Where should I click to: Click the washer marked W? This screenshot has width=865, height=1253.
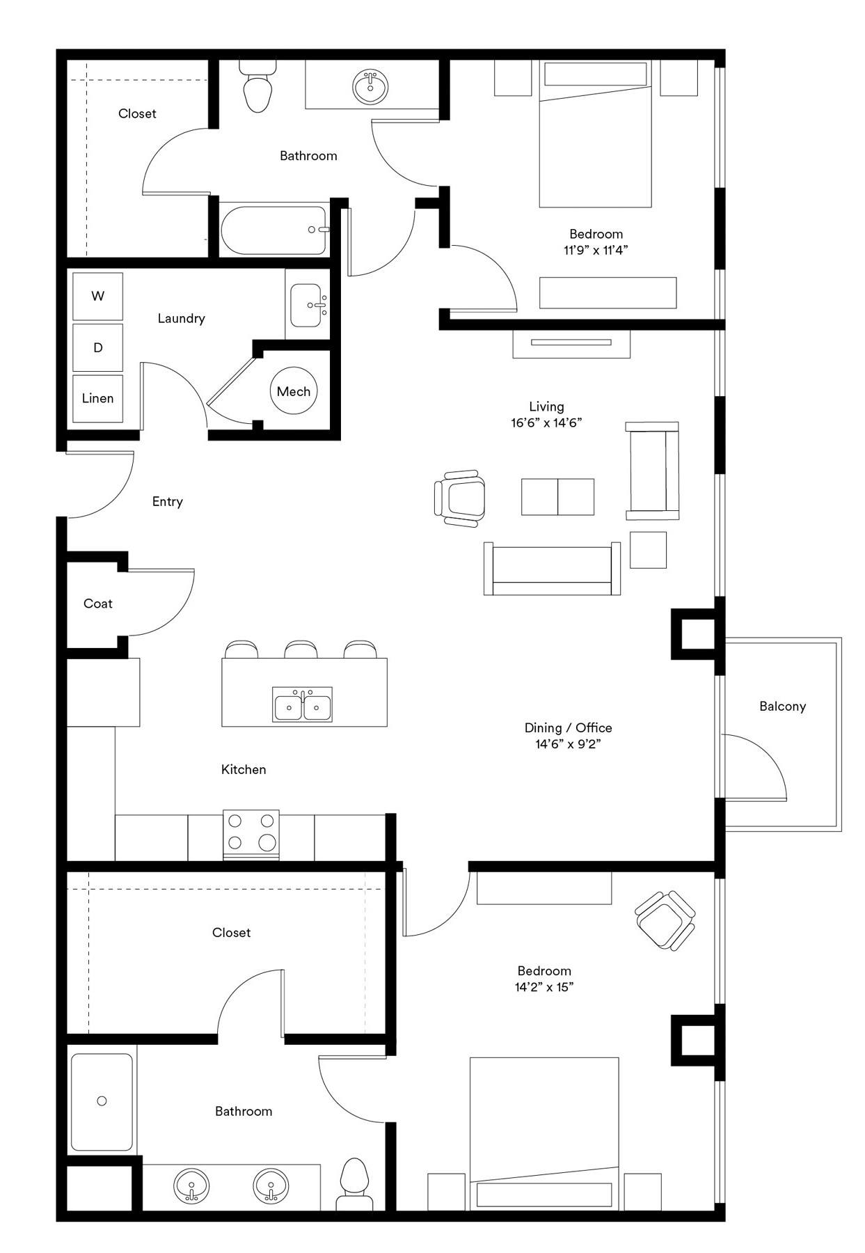(x=98, y=296)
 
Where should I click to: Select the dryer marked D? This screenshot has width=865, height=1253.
(x=98, y=347)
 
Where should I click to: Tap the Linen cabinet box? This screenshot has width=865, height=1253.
(x=98, y=398)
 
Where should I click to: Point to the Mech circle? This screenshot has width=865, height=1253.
(x=294, y=391)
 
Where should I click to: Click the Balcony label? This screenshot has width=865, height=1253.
(x=782, y=706)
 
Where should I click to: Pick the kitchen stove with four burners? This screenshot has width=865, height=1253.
(x=251, y=835)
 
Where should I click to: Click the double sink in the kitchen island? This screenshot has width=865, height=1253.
(x=302, y=706)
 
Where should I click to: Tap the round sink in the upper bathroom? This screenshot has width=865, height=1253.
(x=371, y=86)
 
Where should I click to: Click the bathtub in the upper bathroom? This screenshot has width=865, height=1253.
(x=273, y=230)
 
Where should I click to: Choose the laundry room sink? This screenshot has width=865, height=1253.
(x=308, y=305)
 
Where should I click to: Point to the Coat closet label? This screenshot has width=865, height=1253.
(x=98, y=604)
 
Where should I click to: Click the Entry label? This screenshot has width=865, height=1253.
(x=168, y=502)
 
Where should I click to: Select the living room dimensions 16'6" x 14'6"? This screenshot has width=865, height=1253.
(x=546, y=423)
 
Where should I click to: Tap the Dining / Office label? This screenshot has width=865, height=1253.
(x=569, y=727)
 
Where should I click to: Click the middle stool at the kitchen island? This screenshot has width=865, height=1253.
(x=301, y=649)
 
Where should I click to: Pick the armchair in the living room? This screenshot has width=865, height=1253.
(x=459, y=497)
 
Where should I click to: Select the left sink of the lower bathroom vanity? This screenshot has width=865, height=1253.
(x=191, y=1185)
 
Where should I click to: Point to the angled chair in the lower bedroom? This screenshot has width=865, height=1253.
(x=665, y=921)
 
